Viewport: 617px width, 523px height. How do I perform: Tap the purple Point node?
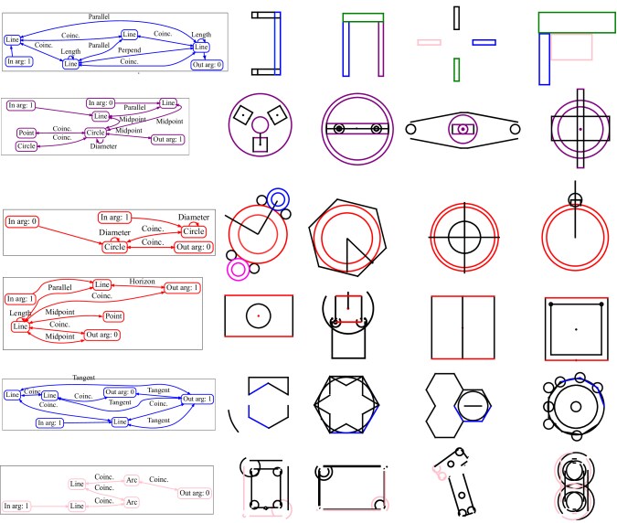(27, 133)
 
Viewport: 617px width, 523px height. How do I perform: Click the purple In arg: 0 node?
(102, 103)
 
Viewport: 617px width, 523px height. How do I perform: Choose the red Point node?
(114, 315)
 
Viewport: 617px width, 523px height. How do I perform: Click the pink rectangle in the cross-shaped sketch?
(429, 42)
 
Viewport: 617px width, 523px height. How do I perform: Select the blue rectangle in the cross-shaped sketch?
(484, 42)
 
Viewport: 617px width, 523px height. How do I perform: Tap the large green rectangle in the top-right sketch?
(576, 22)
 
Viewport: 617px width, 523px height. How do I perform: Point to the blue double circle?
(278, 197)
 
